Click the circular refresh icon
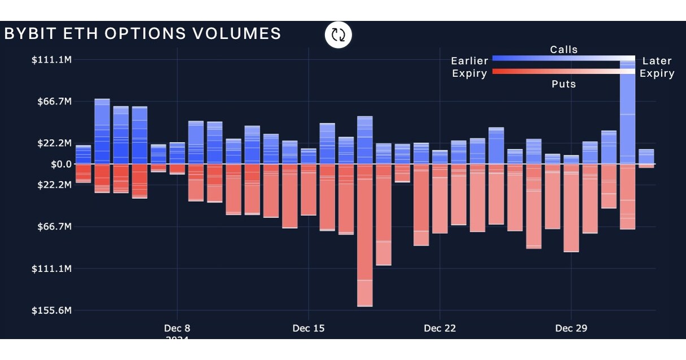tap(338, 34)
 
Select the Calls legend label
tap(564, 50)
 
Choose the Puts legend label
tap(564, 84)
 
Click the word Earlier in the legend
tap(470, 61)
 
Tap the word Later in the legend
tap(657, 61)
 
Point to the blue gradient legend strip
tap(563, 58)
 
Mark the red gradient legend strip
tap(563, 72)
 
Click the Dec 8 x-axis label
tap(177, 328)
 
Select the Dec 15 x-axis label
tap(309, 328)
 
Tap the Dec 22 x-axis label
tap(440, 328)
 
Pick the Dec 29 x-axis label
tap(571, 328)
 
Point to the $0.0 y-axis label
tap(61, 164)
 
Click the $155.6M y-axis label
tap(51, 310)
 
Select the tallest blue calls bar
tap(627, 113)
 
